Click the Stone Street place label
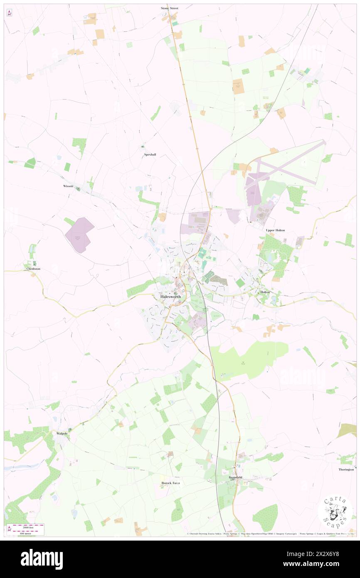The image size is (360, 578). click(x=170, y=8)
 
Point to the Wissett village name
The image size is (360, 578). click(x=68, y=186)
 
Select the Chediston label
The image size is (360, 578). click(x=33, y=269)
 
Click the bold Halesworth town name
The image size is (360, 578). click(x=170, y=296)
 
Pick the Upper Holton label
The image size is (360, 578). click(x=275, y=230)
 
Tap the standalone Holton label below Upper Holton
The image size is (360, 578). click(x=265, y=292)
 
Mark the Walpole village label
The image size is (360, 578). click(x=62, y=433)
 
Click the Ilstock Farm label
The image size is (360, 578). click(x=170, y=483)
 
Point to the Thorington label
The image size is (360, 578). click(x=346, y=469)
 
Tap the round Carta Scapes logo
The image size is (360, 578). click(x=335, y=513)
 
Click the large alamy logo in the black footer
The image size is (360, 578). click(x=42, y=559)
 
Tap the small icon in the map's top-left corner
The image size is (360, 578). click(x=9, y=13)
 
